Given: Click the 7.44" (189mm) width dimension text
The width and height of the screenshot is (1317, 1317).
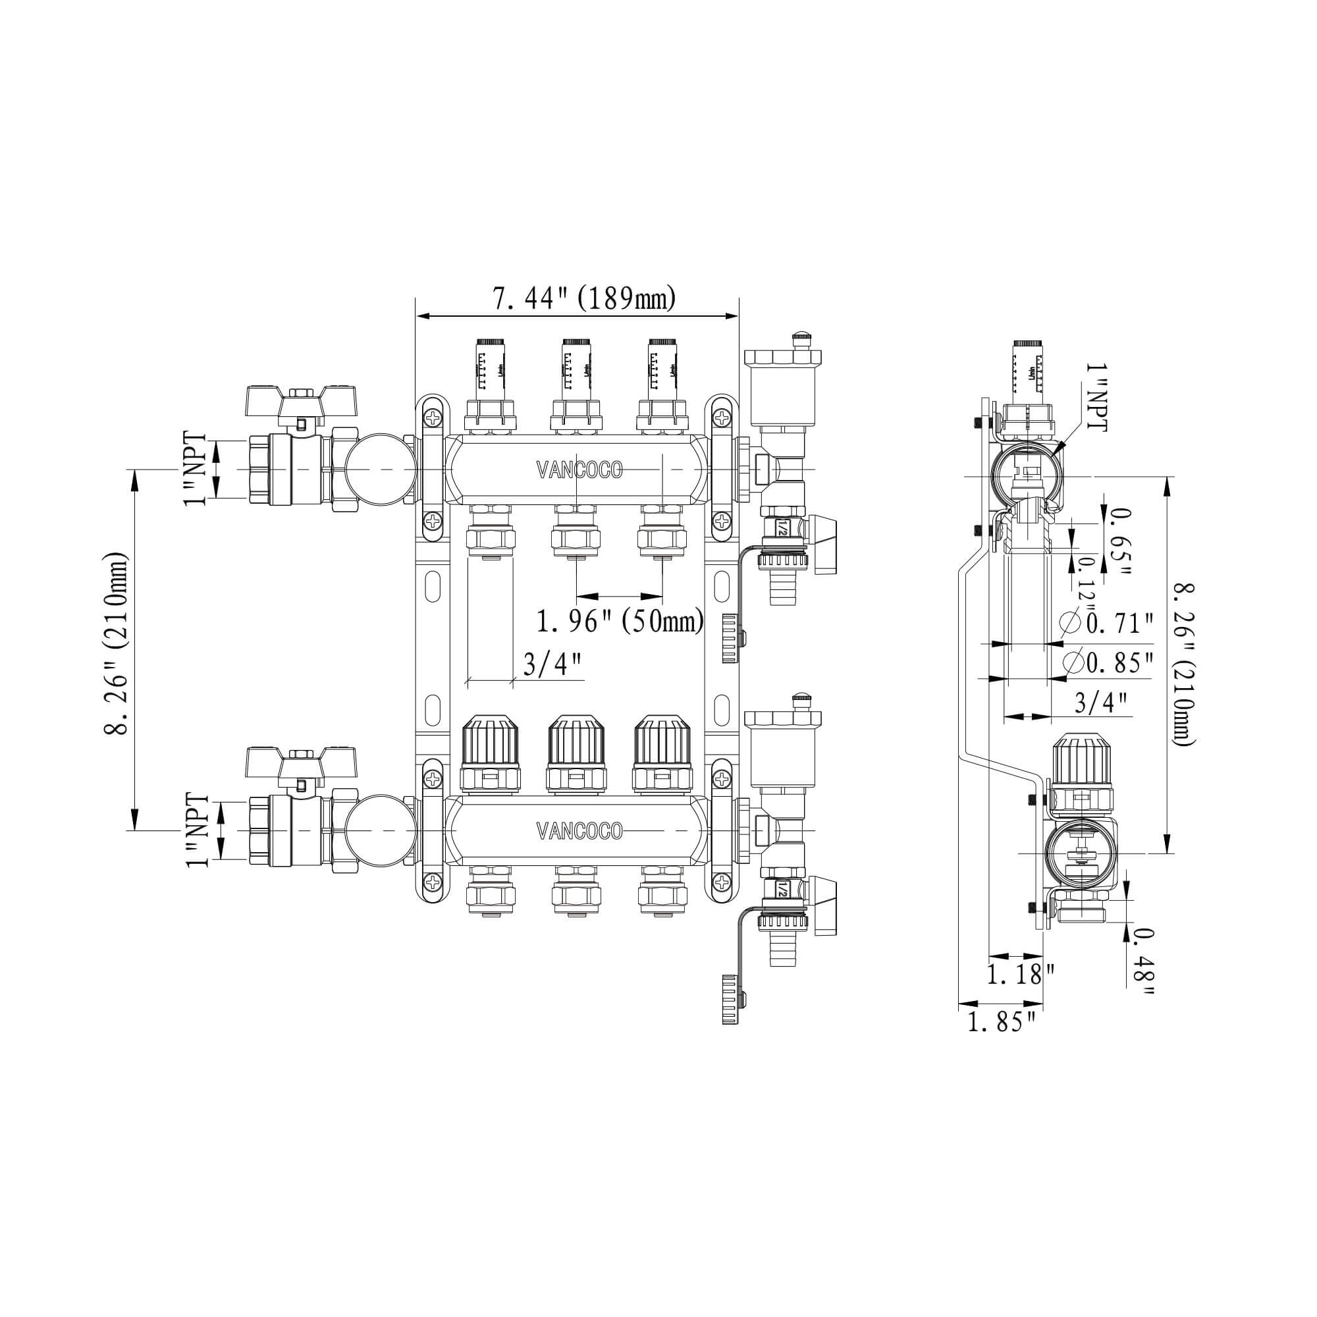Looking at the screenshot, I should (584, 298).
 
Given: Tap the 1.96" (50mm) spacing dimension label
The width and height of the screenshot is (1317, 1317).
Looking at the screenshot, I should (620, 622).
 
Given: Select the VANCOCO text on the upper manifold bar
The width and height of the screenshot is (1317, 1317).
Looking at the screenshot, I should (579, 470).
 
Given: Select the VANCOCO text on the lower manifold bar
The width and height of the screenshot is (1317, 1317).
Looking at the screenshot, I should (579, 831).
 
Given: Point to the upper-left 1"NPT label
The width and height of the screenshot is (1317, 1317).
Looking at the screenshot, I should (195, 469).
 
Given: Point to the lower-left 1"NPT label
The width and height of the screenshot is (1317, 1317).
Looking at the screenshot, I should (197, 830).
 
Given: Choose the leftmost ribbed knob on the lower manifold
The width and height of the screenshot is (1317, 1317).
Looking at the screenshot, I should (489, 753).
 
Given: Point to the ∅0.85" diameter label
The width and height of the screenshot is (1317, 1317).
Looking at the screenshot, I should (1108, 662).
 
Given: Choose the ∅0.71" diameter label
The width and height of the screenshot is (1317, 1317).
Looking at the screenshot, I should (1108, 623).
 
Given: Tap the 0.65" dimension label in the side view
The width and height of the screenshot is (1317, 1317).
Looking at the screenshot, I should (1119, 541).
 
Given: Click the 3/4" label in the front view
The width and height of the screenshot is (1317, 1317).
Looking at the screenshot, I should (553, 664).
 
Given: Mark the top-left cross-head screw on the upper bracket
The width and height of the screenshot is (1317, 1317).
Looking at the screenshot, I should (433, 417).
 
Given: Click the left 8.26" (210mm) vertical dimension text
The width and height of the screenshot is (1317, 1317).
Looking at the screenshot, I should (117, 643).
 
